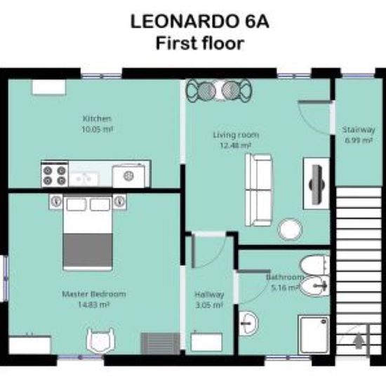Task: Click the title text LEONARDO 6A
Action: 199,22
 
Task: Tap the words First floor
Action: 200,44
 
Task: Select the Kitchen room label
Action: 98,119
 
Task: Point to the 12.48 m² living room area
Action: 235,145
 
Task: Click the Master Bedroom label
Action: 94,294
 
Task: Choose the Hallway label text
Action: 209,295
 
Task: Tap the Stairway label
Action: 359,130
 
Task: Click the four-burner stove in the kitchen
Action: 55,174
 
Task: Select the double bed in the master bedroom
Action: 88,232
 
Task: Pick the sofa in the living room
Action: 259,189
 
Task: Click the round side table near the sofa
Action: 290,229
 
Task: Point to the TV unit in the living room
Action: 317,184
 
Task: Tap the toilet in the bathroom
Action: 314,265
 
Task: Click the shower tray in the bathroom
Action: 314,335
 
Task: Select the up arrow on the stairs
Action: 359,340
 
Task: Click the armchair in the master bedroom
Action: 100,340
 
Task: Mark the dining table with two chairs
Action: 219,91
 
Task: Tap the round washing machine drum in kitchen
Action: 128,176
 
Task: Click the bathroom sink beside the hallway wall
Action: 248,323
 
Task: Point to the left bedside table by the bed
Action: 56,201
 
